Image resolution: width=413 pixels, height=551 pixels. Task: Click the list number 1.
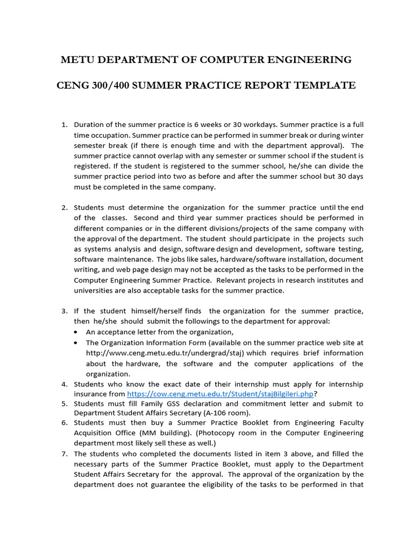coord(64,125)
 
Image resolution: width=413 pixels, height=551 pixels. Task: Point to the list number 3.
coord(64,311)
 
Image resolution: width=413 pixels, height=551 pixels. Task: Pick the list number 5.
coord(64,404)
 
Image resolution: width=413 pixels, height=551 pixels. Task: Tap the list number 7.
coord(64,454)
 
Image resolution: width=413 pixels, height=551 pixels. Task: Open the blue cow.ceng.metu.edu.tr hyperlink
coord(220,394)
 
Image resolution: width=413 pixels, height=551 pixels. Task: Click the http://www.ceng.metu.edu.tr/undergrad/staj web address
coord(165,353)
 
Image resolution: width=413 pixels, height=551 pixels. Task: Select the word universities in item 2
coord(94,291)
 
